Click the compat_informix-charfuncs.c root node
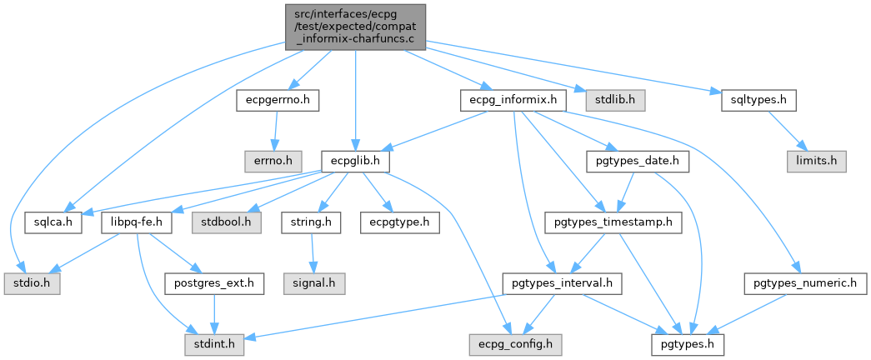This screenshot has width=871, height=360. click(355, 27)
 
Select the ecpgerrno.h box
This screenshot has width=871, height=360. click(278, 100)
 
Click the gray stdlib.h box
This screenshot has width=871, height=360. click(613, 100)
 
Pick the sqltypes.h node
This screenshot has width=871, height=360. click(757, 100)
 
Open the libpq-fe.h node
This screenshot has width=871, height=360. click(136, 222)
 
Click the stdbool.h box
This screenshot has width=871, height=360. click(227, 222)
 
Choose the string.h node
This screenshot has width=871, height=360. click(311, 222)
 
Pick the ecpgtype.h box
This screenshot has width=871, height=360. click(394, 222)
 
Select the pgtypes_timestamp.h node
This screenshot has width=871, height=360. click(613, 222)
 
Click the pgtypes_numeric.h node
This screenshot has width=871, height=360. click(805, 283)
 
